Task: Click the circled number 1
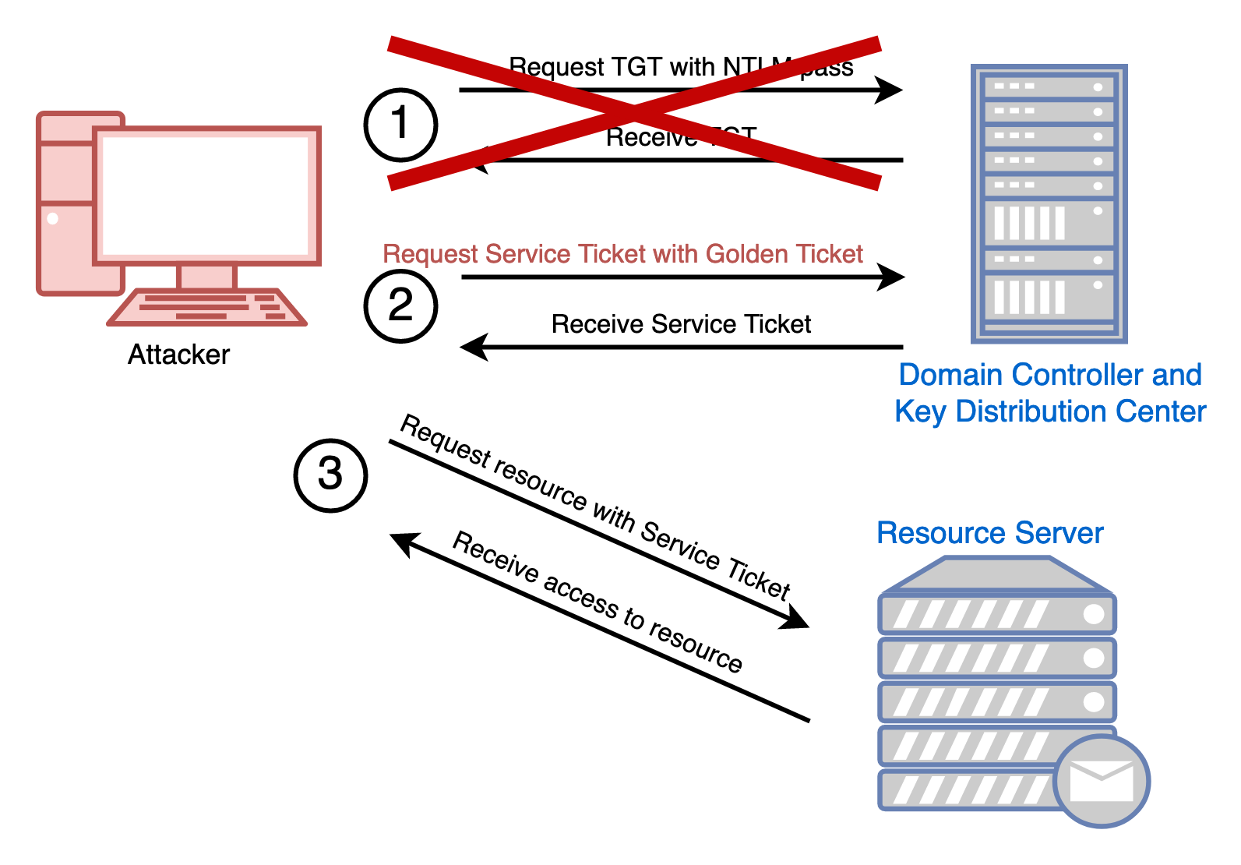[400, 125]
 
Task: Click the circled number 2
[400, 305]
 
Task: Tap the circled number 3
[330, 475]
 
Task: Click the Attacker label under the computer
[178, 355]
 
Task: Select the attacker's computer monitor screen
[206, 196]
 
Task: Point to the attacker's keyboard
[207, 307]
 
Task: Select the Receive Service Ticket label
[681, 324]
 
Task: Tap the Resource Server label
[989, 533]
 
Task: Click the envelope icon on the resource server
[1102, 781]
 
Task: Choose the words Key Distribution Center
[1050, 411]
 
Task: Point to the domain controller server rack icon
[1049, 203]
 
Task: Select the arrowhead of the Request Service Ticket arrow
[892, 277]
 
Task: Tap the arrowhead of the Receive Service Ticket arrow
[473, 347]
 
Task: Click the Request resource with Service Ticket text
[595, 507]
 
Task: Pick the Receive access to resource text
[598, 601]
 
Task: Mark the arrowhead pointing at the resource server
[797, 620]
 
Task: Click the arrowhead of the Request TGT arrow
[890, 90]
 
